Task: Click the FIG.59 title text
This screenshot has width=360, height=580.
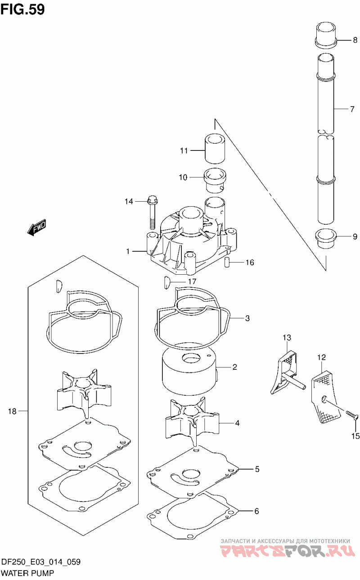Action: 23,9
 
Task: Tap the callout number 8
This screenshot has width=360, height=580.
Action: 355,40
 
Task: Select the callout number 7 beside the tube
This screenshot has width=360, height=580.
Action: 352,109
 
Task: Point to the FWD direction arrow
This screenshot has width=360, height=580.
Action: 37,227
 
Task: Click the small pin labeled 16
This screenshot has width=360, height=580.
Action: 227,262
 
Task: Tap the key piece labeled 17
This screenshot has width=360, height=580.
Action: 166,282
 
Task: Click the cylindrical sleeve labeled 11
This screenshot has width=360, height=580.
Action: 215,149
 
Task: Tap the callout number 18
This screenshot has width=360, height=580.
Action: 12,411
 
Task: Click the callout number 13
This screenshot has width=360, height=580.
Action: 287,337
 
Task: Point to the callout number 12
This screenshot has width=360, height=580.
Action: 321,358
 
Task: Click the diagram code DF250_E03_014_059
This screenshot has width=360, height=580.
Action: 41,562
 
